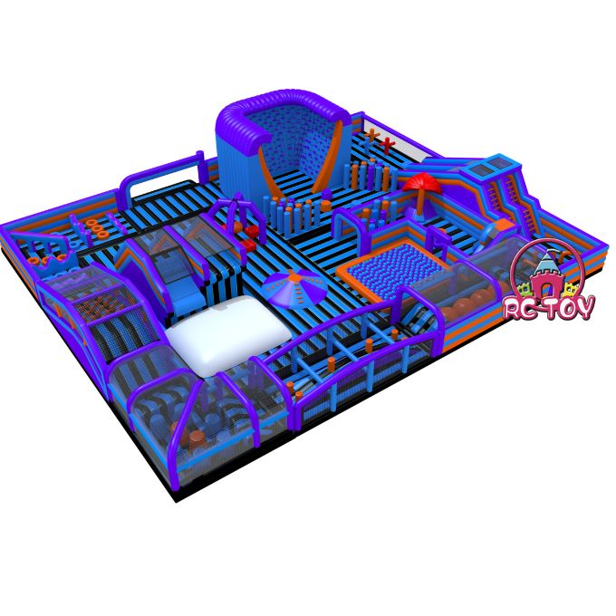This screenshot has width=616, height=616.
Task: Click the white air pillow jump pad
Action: pyautogui.click(x=228, y=334)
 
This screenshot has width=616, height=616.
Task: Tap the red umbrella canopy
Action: pyautogui.click(x=421, y=184)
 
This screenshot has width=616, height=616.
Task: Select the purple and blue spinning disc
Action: pyautogui.click(x=294, y=288)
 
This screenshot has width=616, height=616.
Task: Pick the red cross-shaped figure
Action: pyautogui.click(x=387, y=145)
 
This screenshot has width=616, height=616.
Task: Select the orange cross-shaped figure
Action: pyautogui.click(x=371, y=135)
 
